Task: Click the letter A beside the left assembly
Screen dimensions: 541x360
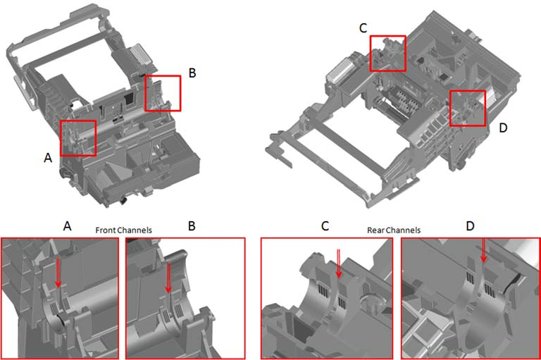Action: pyautogui.click(x=48, y=158)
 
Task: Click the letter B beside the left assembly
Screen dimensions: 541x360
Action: pyautogui.click(x=192, y=73)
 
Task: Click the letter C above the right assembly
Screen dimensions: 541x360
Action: pyautogui.click(x=363, y=28)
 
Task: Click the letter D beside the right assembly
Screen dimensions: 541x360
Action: pyautogui.click(x=504, y=128)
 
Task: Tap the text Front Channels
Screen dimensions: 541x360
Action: pyautogui.click(x=123, y=230)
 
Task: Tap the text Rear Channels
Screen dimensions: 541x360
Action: pyautogui.click(x=394, y=230)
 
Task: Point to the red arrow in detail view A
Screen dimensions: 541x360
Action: pyautogui.click(x=58, y=273)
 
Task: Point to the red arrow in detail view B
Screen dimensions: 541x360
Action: pyautogui.click(x=168, y=278)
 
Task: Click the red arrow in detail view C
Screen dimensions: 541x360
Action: pyautogui.click(x=339, y=263)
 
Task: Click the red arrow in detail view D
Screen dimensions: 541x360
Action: pyautogui.click(x=484, y=250)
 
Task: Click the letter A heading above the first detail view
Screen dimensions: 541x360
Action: pyautogui.click(x=68, y=226)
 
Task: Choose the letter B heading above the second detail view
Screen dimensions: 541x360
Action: pyautogui.click(x=192, y=226)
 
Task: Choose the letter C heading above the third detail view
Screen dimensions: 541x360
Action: pyautogui.click(x=325, y=226)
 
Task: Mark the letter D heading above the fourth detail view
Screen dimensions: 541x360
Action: pyautogui.click(x=471, y=226)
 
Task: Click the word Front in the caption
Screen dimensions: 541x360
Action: pyautogui.click(x=106, y=230)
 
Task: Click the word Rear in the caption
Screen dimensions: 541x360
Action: pyautogui.click(x=375, y=230)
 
